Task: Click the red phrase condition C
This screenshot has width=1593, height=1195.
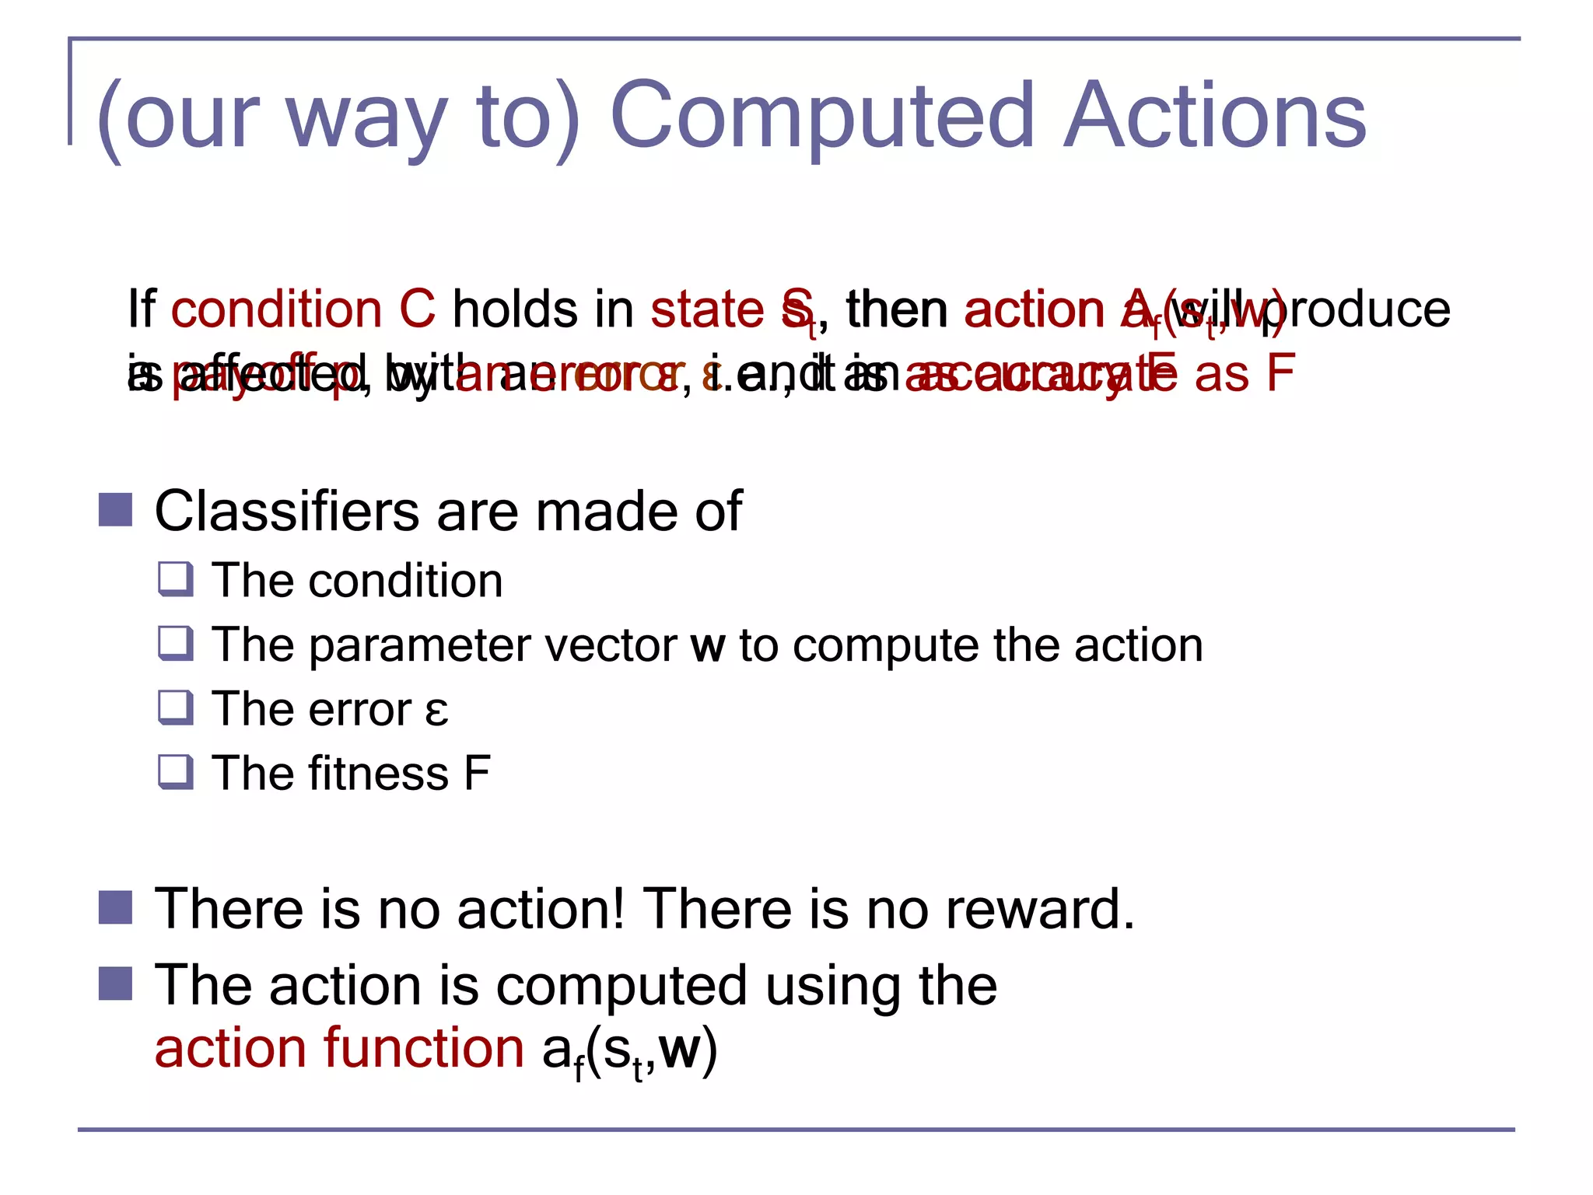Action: (303, 309)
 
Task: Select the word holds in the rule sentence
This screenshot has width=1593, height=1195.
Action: (515, 309)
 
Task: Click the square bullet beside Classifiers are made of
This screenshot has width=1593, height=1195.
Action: (116, 511)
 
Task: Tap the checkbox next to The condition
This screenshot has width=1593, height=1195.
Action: (175, 580)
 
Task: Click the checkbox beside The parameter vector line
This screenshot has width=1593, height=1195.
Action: (175, 645)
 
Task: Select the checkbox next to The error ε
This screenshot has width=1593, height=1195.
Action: (175, 708)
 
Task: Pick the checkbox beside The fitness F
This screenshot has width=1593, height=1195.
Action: (175, 773)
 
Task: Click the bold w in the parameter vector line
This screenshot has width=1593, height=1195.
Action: (708, 646)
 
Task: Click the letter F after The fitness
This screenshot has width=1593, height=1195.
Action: (477, 774)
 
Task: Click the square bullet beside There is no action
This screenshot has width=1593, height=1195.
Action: (116, 907)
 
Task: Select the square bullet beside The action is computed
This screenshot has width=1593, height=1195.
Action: (116, 984)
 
